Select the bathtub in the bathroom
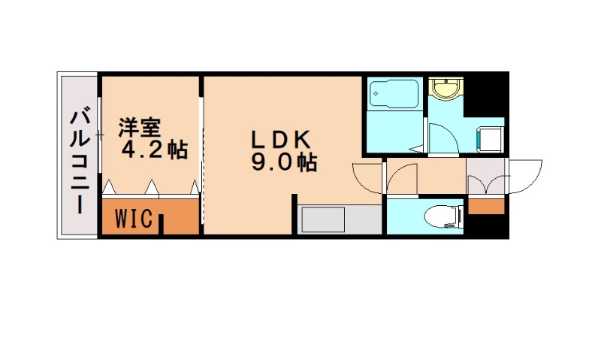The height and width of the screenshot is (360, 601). [x=394, y=96]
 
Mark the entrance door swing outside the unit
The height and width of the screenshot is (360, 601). [x=525, y=175]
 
